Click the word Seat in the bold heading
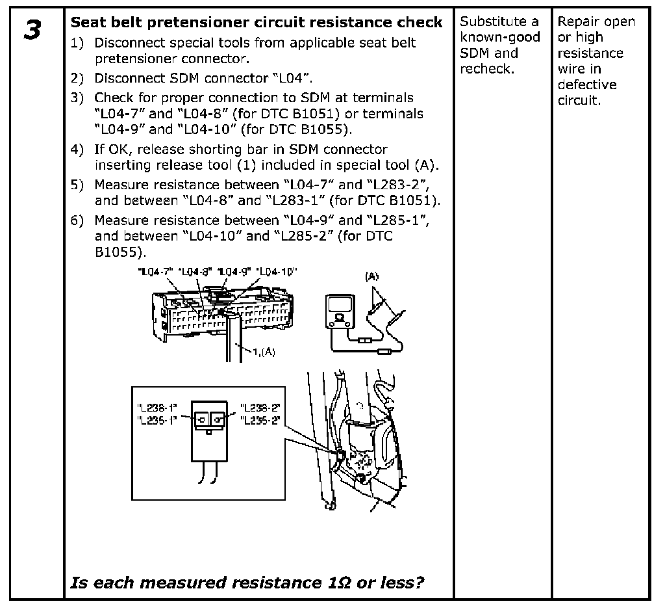85,22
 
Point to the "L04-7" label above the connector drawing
153,271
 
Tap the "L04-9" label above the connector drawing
234,271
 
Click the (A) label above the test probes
372,276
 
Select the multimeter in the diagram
339,311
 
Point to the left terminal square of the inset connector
202,418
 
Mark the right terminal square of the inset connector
218,418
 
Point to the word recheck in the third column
486,69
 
